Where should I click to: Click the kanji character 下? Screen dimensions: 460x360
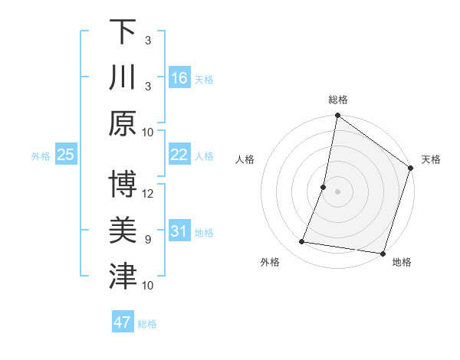(x=123, y=32)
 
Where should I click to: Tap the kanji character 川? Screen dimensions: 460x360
(x=123, y=78)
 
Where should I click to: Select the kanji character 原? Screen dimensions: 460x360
(x=123, y=124)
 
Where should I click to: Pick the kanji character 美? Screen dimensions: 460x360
(x=123, y=231)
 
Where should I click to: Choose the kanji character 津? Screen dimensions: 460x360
(x=123, y=277)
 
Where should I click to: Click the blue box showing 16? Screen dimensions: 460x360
(x=179, y=78)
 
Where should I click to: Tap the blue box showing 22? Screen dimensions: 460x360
(x=179, y=155)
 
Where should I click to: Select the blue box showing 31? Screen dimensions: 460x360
(x=179, y=231)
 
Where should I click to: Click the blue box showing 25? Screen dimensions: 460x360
(x=66, y=155)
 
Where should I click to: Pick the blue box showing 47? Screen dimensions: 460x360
(x=123, y=322)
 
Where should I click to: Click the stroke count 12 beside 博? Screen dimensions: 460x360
(x=149, y=193)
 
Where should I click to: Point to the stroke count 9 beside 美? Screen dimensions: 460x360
(x=148, y=240)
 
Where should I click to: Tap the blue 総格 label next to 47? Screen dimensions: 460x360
(x=147, y=323)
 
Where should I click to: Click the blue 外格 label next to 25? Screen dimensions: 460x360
(x=41, y=155)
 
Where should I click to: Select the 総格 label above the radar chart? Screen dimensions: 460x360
(x=337, y=100)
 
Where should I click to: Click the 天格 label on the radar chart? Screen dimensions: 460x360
(x=431, y=159)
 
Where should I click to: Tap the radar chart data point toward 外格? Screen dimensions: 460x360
(x=302, y=242)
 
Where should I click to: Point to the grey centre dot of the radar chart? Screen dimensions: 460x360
(x=337, y=191)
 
